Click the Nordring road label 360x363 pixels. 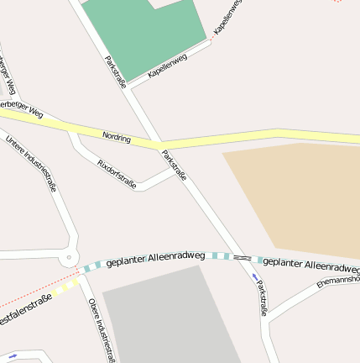click(x=117, y=136)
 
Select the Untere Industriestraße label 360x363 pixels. click(x=30, y=164)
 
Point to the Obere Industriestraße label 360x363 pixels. click(x=101, y=329)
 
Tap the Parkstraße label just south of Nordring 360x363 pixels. click(x=174, y=166)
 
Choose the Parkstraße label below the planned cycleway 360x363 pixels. click(x=262, y=297)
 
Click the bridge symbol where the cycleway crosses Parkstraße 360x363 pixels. click(x=242, y=256)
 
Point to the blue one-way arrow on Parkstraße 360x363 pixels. click(x=255, y=276)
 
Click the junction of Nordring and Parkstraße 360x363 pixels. click(x=157, y=145)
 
